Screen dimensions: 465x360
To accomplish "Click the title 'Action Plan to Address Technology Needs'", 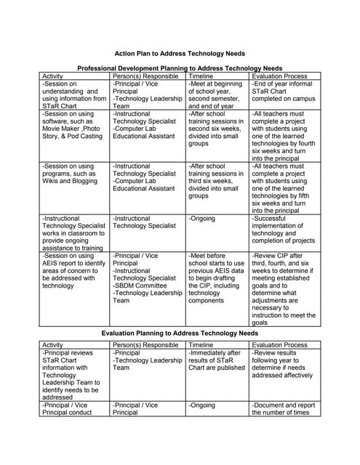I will point(180,53).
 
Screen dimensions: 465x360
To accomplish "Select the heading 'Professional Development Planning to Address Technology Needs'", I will point(180,67).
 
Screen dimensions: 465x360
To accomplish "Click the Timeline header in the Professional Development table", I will point(201,76).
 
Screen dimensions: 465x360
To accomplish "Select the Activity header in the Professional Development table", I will point(53,76).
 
